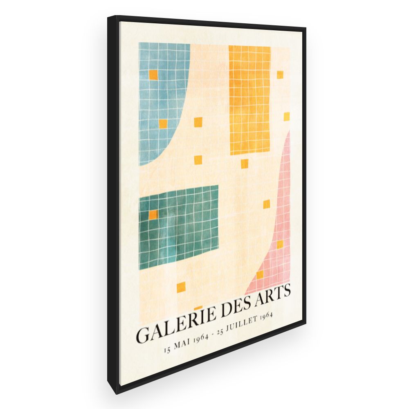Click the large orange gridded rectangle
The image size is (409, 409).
tap(249, 100)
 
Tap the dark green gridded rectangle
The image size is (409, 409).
tap(179, 227)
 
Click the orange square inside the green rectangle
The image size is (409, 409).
tap(153, 215)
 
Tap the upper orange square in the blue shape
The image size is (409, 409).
tap(153, 74)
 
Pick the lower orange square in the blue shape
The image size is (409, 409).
tap(163, 124)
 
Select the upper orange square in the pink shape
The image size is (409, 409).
tap(280, 245)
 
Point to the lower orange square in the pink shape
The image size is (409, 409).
tap(260, 275)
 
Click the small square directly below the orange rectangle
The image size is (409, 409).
tap(244, 164)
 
